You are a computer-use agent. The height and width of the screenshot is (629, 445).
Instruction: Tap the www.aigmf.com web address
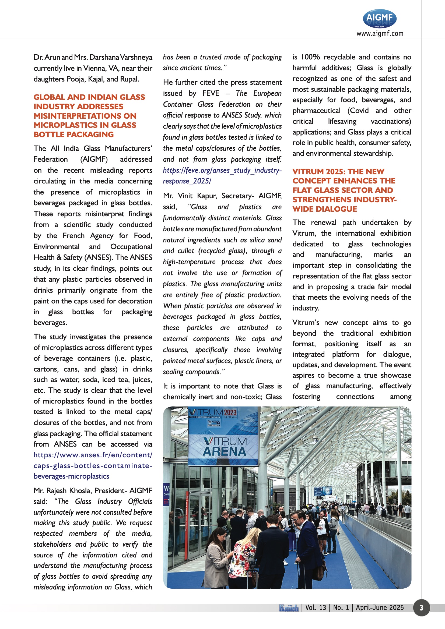380,33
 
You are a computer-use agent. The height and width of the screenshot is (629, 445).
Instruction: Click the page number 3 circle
421,608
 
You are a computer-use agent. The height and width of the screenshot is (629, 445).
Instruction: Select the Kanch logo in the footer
288,608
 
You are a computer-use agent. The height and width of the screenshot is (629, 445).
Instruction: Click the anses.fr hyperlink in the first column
93,465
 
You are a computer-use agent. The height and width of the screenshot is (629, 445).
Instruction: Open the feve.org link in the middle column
222,176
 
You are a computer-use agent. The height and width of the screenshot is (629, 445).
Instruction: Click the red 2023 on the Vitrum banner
230,413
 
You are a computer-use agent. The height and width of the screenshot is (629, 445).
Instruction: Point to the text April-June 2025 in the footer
380,608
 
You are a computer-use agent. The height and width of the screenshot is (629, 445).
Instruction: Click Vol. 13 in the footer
316,608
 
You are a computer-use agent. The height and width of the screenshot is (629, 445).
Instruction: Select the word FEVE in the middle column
211,93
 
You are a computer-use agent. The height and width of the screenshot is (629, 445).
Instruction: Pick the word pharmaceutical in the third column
316,111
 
